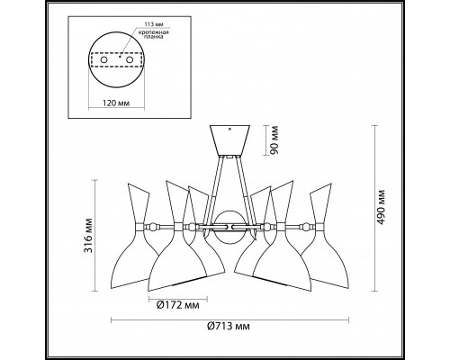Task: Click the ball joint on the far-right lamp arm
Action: (307, 225)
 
